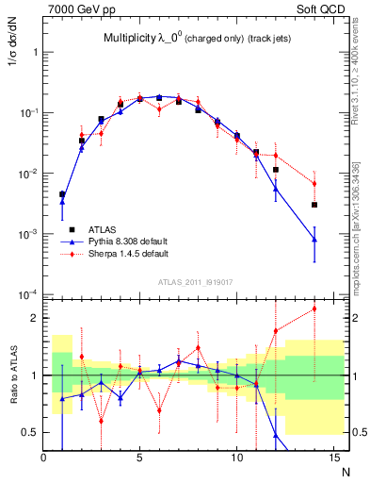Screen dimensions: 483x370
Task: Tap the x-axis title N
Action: coord(344,473)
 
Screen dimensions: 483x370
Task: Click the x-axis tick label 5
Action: coord(140,458)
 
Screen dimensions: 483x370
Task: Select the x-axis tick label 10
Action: coord(236,458)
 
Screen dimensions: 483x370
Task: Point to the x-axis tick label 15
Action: coord(333,458)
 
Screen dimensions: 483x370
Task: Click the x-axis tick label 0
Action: coord(43,458)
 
